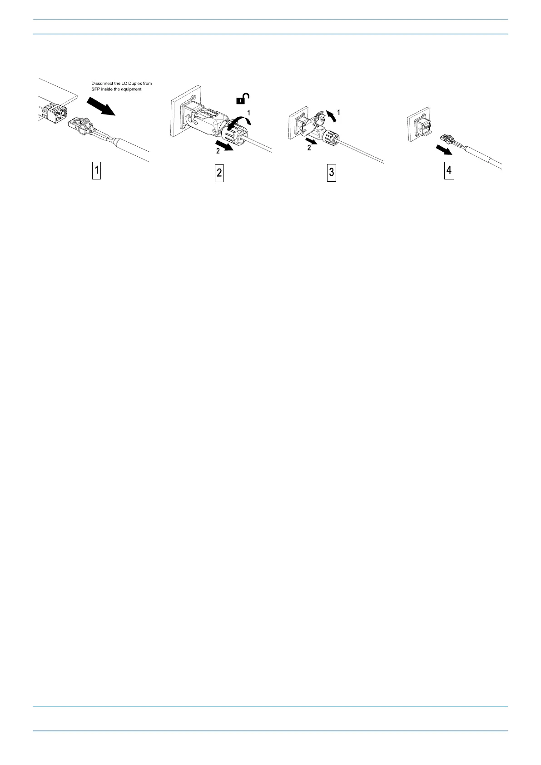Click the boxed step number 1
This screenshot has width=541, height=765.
[96, 171]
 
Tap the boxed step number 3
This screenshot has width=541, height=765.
[332, 173]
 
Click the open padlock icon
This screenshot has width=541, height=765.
[243, 98]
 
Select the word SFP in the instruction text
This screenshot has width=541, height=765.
[95, 89]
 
